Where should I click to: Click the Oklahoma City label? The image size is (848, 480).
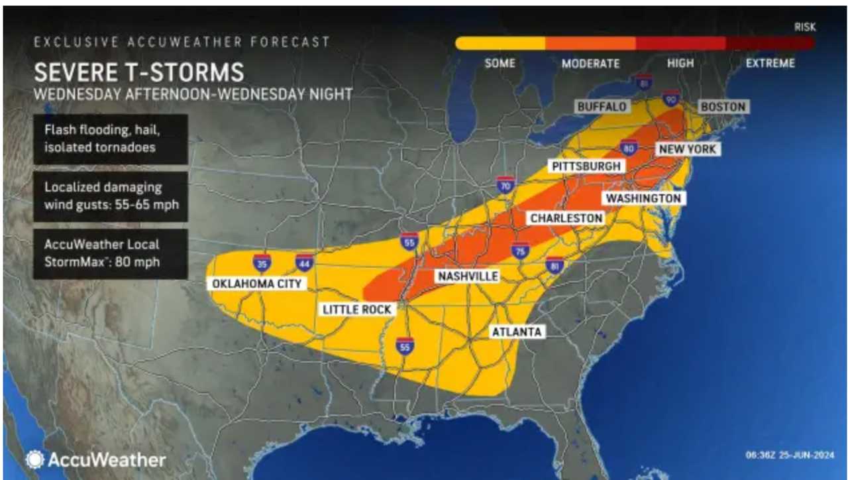click(256, 284)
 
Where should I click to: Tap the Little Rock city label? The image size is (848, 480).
click(357, 309)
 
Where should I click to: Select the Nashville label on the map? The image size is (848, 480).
click(466, 276)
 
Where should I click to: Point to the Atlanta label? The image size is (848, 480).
click(516, 331)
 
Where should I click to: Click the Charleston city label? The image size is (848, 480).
click(566, 218)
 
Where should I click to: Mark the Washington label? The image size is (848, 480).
click(643, 198)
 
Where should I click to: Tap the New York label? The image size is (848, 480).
click(687, 149)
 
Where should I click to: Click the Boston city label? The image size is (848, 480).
click(722, 107)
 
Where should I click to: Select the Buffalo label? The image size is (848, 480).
click(602, 107)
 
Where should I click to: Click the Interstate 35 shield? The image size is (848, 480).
click(262, 263)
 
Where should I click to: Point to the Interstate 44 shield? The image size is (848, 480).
click(304, 263)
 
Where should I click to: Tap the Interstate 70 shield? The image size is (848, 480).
click(506, 185)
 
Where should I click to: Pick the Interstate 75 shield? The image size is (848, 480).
click(520, 251)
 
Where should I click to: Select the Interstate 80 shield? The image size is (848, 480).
click(629, 149)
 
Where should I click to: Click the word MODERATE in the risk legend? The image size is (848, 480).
click(590, 64)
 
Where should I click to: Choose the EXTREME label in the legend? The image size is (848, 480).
click(770, 64)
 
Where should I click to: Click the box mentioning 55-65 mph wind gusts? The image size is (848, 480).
click(111, 196)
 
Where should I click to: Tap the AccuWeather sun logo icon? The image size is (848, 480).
click(34, 459)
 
